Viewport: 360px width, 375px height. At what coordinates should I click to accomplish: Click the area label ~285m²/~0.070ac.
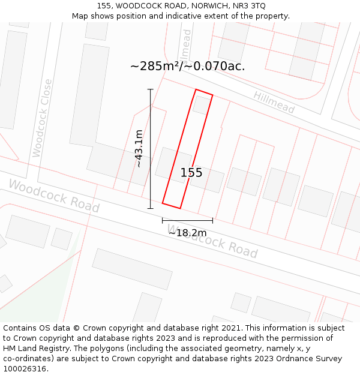pos(187,66)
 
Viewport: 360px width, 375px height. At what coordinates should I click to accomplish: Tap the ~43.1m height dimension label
pos(139,148)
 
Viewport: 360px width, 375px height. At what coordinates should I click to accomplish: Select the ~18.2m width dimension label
pos(187,233)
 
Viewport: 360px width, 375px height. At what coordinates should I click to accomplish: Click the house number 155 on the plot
pos(191,173)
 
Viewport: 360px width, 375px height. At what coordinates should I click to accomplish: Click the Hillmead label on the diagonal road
pos(274,103)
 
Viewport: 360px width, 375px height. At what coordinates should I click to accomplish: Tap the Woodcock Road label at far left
pos(53,196)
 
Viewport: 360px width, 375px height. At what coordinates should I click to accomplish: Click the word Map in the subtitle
pos(80,16)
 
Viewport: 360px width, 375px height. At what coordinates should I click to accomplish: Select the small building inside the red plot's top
pos(202,105)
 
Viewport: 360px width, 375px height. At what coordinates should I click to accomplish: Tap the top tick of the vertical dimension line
pos(151,89)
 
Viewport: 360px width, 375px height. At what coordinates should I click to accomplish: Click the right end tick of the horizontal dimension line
pos(212,220)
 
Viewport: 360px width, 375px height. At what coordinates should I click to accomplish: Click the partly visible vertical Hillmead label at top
pos(187,42)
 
